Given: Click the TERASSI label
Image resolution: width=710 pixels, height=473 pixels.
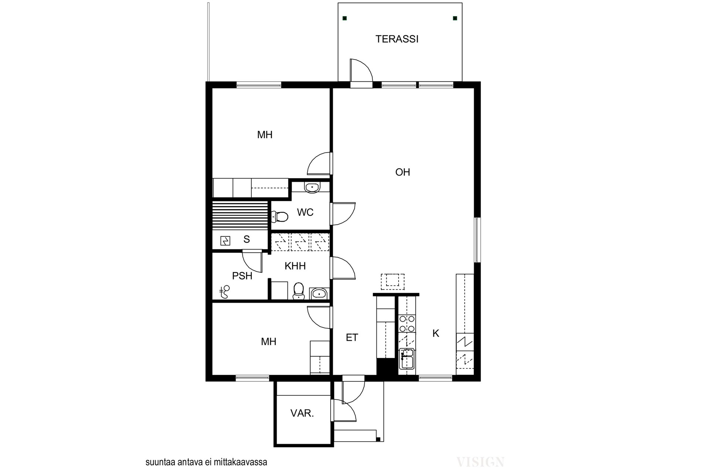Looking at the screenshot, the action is click(397, 39).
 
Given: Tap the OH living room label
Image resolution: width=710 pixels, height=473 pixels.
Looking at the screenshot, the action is click(403, 172).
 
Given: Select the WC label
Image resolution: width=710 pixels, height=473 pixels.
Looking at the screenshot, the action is click(305, 212).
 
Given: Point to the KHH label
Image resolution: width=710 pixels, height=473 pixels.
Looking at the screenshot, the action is click(295, 266).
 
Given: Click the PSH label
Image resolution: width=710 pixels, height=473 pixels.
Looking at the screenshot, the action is click(242, 276).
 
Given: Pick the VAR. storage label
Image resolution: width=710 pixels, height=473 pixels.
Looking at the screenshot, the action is click(302, 413).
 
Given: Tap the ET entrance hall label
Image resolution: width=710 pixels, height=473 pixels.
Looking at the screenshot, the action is click(352, 337).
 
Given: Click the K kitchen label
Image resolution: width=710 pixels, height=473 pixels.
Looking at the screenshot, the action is click(436, 333).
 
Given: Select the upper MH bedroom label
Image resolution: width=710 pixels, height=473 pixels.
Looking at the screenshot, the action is click(265, 135).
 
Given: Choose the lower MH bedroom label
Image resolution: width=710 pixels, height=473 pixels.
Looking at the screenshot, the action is click(268, 341).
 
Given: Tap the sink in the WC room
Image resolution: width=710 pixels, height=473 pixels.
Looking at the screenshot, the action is click(312, 187).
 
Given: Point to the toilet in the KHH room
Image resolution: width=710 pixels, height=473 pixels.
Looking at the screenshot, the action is click(298, 291).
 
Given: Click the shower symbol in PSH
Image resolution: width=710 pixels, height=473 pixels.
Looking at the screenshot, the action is click(224, 292).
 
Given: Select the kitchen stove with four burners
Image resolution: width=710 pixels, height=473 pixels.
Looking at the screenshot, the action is click(407, 324).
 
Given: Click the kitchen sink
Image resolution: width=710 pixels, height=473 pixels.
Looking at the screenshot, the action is click(407, 358).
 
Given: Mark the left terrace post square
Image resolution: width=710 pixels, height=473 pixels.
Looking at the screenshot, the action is click(345, 18).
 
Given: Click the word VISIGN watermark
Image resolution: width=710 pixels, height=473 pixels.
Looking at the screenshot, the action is click(480, 462).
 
